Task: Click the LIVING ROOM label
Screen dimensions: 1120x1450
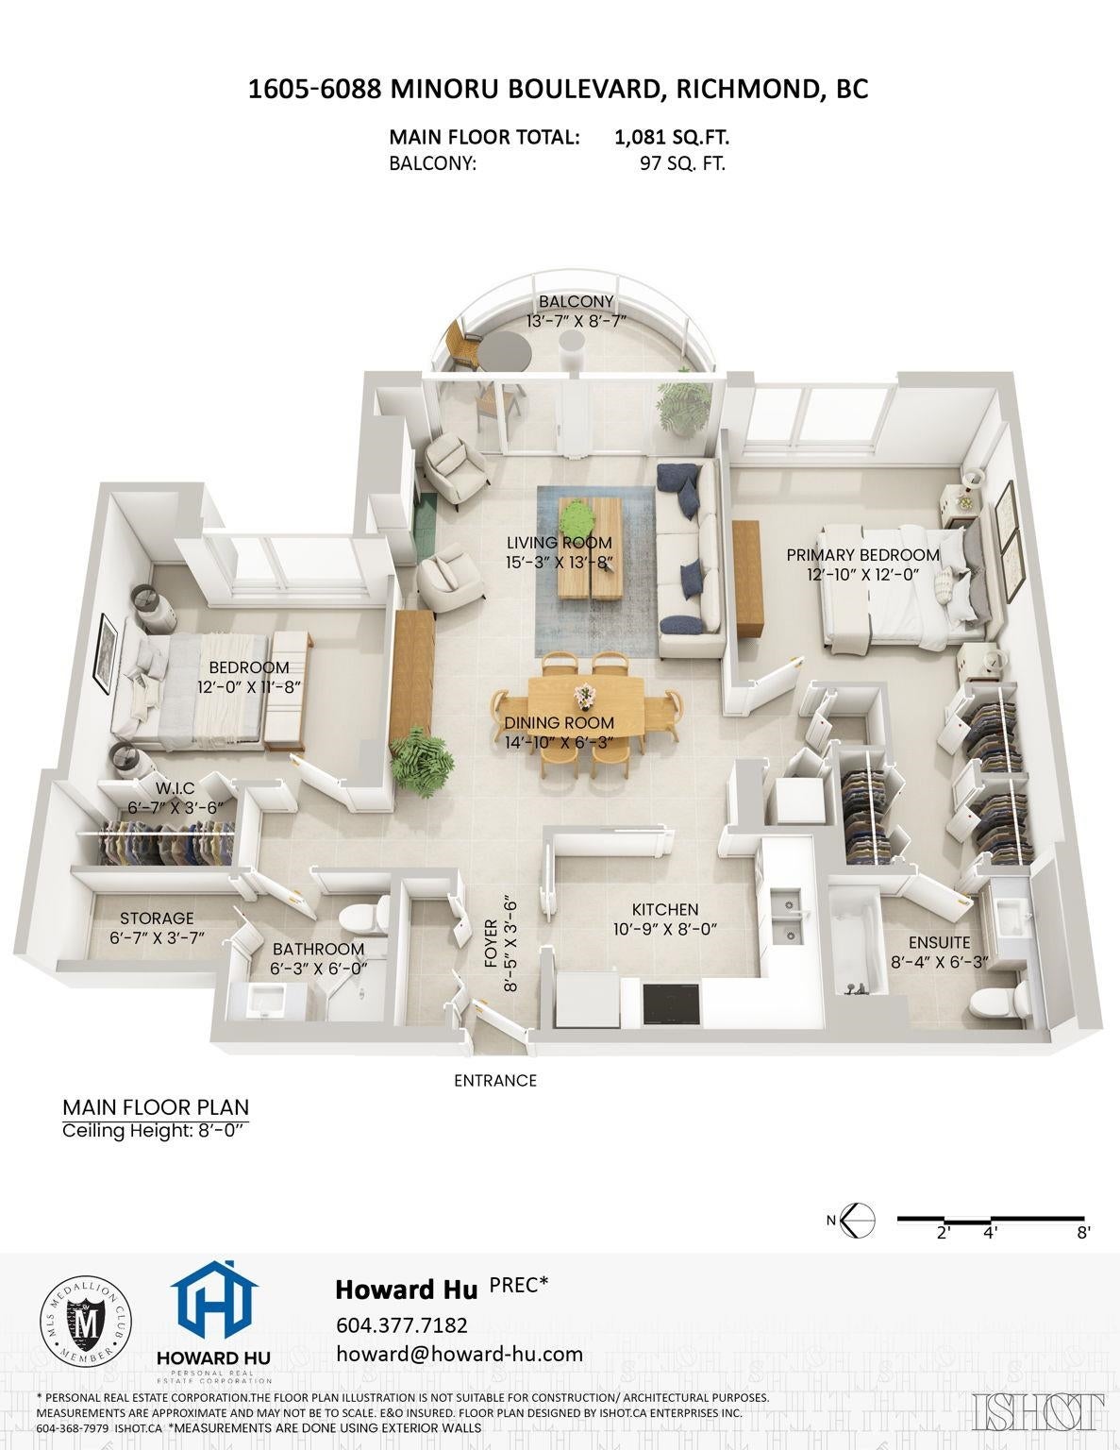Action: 559,543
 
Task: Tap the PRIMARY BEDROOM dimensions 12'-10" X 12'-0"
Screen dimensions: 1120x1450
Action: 863,575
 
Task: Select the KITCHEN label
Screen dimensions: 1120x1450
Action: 664,909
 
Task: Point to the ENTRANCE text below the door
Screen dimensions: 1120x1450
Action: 495,1080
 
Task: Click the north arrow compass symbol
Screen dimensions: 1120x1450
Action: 857,1221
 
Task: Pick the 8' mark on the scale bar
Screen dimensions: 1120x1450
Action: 1084,1233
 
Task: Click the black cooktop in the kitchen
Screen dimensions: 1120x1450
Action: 672,1003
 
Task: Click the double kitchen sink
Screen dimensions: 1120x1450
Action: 787,917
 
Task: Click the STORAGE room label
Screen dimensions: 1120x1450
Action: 157,919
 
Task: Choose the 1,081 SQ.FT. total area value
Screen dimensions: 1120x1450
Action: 671,138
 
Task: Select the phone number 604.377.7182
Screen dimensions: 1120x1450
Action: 401,1324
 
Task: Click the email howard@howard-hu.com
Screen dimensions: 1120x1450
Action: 460,1354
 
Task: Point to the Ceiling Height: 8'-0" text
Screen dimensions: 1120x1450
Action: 156,1131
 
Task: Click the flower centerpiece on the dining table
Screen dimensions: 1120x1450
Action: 585,694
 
